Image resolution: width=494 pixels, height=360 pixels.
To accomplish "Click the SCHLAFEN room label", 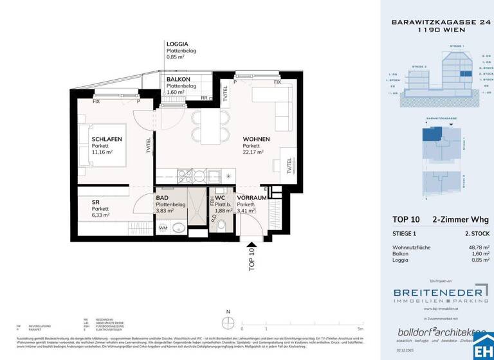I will pos(106,139).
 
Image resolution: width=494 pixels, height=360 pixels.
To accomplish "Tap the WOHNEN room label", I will pos(255,139).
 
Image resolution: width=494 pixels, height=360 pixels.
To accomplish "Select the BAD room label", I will pos(162,198).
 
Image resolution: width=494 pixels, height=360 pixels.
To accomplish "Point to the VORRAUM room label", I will pos(252,198).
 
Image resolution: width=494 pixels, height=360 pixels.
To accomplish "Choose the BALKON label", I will pos(178,79).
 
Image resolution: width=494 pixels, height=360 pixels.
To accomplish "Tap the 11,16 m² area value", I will pos(102,152).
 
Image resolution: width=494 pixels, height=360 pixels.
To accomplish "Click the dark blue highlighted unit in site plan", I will pos(429,134).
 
